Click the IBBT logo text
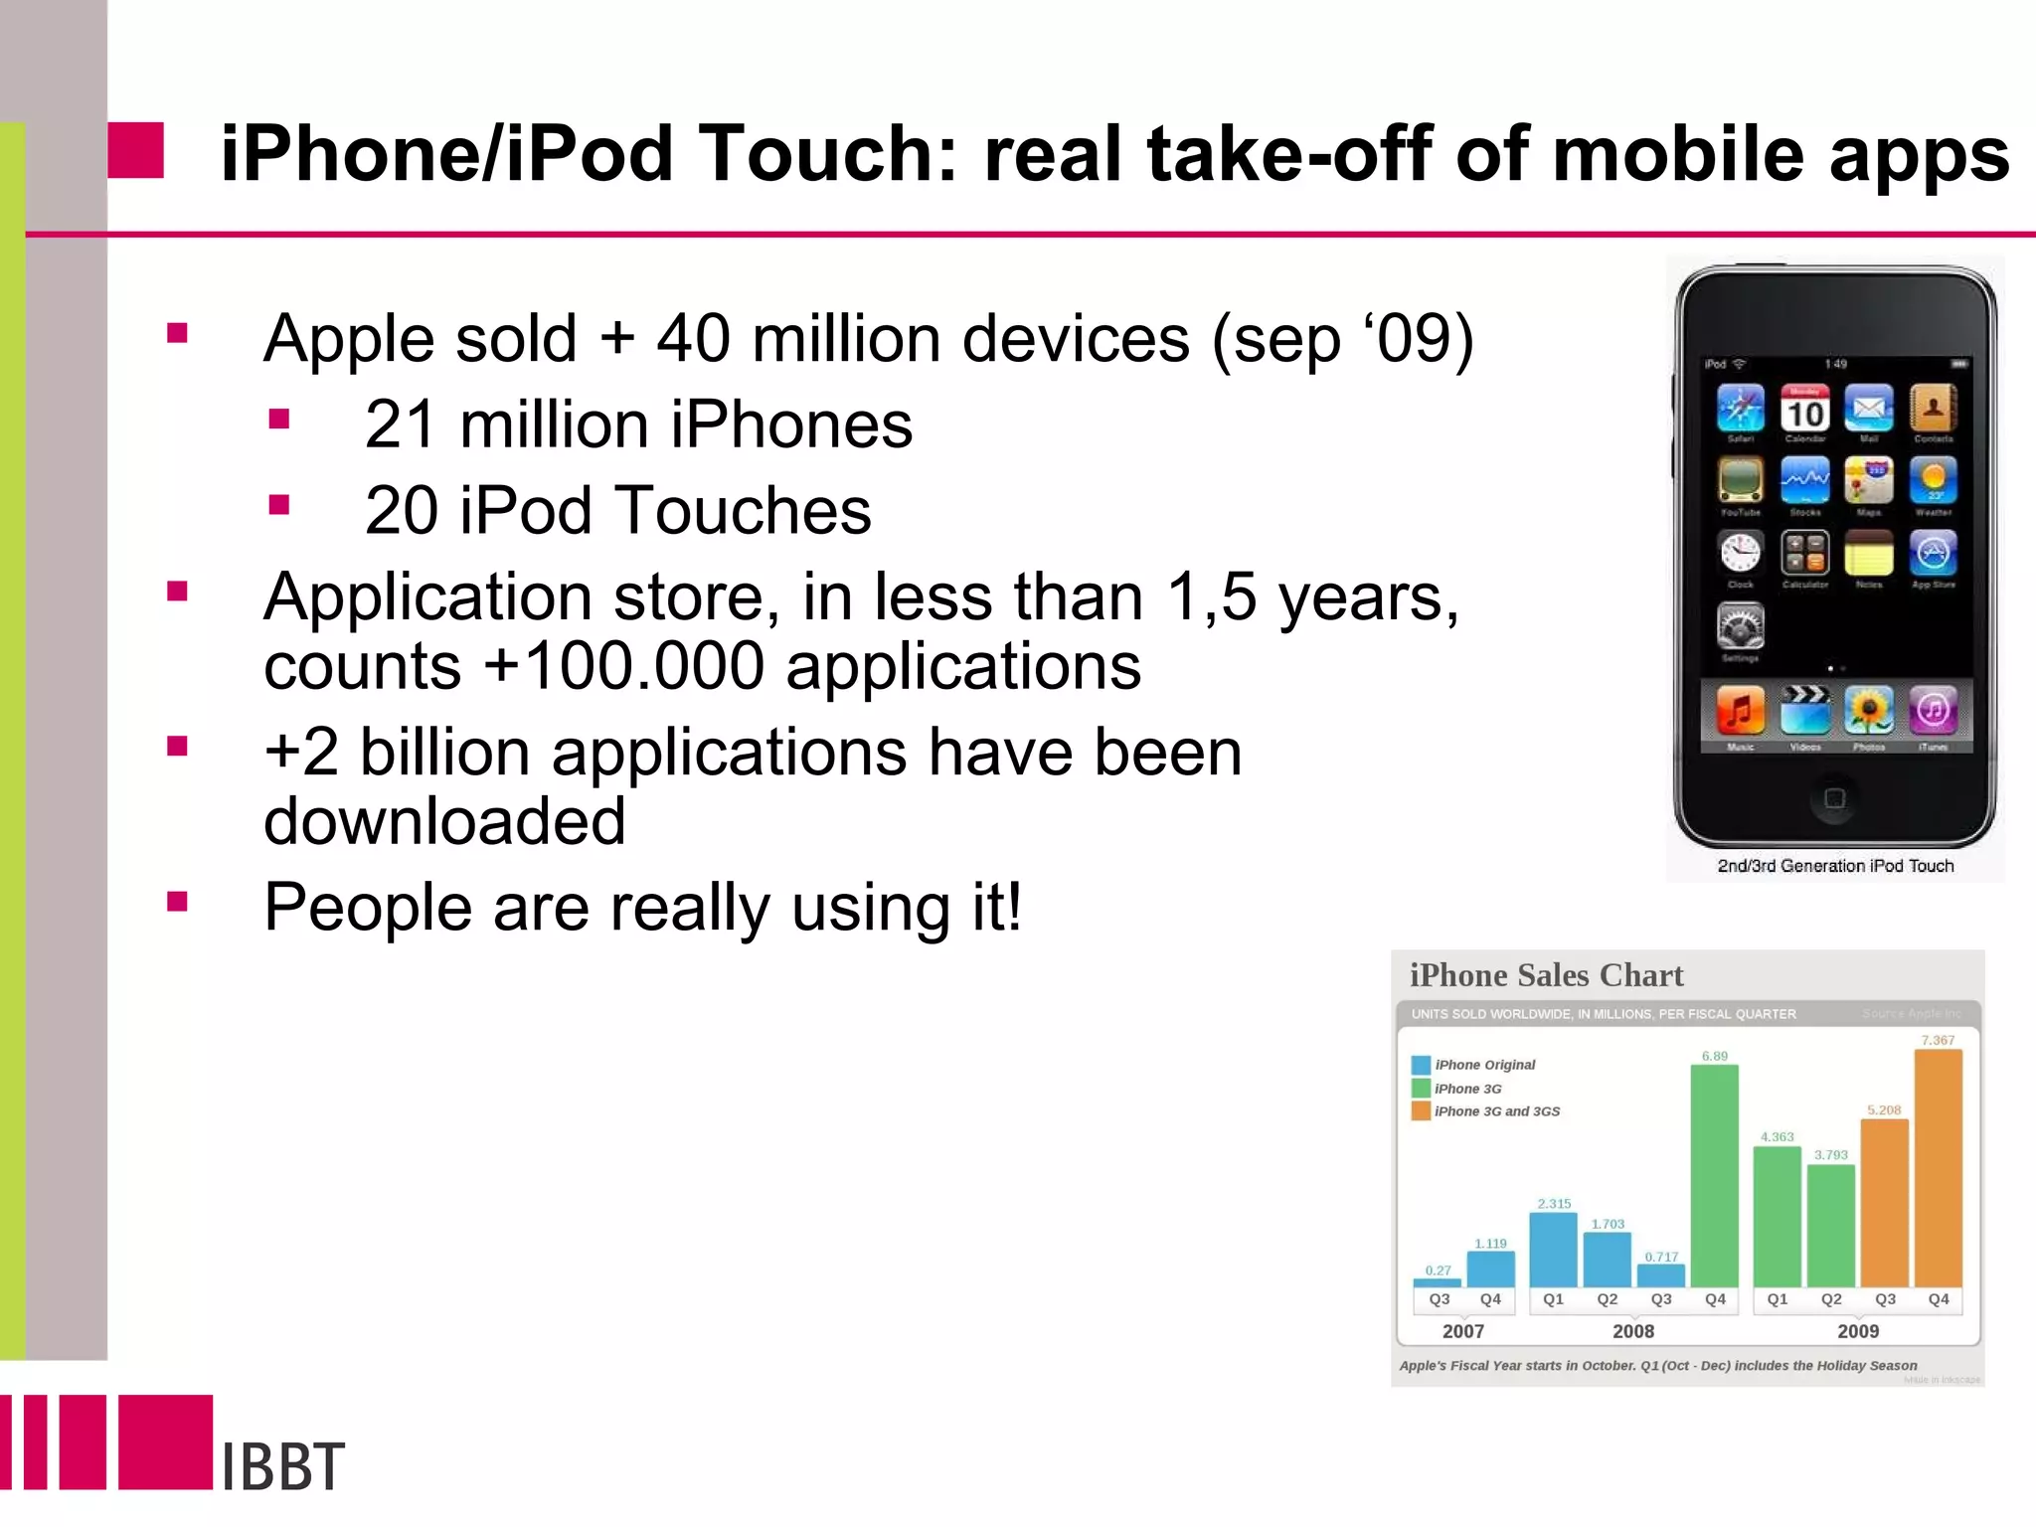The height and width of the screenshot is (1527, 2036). pos(283,1465)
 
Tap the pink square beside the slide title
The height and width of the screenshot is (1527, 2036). pos(135,151)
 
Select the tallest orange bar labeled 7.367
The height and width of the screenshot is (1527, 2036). pos(1938,1168)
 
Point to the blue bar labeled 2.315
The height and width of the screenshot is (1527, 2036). pos(1553,1250)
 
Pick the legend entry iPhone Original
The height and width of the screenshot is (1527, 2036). pos(1484,1065)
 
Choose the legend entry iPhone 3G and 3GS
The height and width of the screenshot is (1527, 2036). pos(1496,1111)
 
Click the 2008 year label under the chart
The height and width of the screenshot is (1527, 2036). pos(1632,1331)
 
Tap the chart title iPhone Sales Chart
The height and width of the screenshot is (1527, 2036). pos(1546,975)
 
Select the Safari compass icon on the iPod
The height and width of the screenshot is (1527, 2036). pos(1741,409)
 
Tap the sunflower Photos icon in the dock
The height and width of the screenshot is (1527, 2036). pos(1868,711)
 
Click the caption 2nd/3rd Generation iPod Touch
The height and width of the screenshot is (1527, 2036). pos(1835,866)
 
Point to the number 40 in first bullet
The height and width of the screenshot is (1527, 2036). pos(693,338)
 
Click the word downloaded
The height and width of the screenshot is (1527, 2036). pos(444,821)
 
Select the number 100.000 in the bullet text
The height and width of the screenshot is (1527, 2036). pos(643,666)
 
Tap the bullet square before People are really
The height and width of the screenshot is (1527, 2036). pos(178,902)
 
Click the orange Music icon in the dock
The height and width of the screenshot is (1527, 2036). pos(1740,711)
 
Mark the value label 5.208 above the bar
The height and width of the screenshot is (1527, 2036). pos(1883,1110)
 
